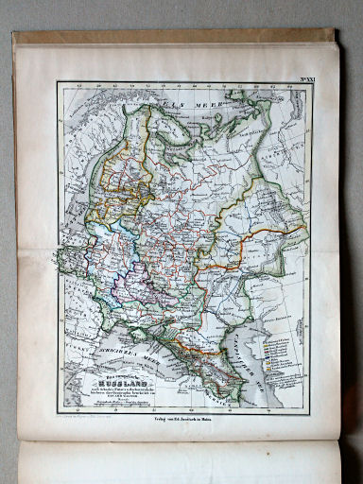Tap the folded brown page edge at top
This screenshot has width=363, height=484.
(x=180, y=38)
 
